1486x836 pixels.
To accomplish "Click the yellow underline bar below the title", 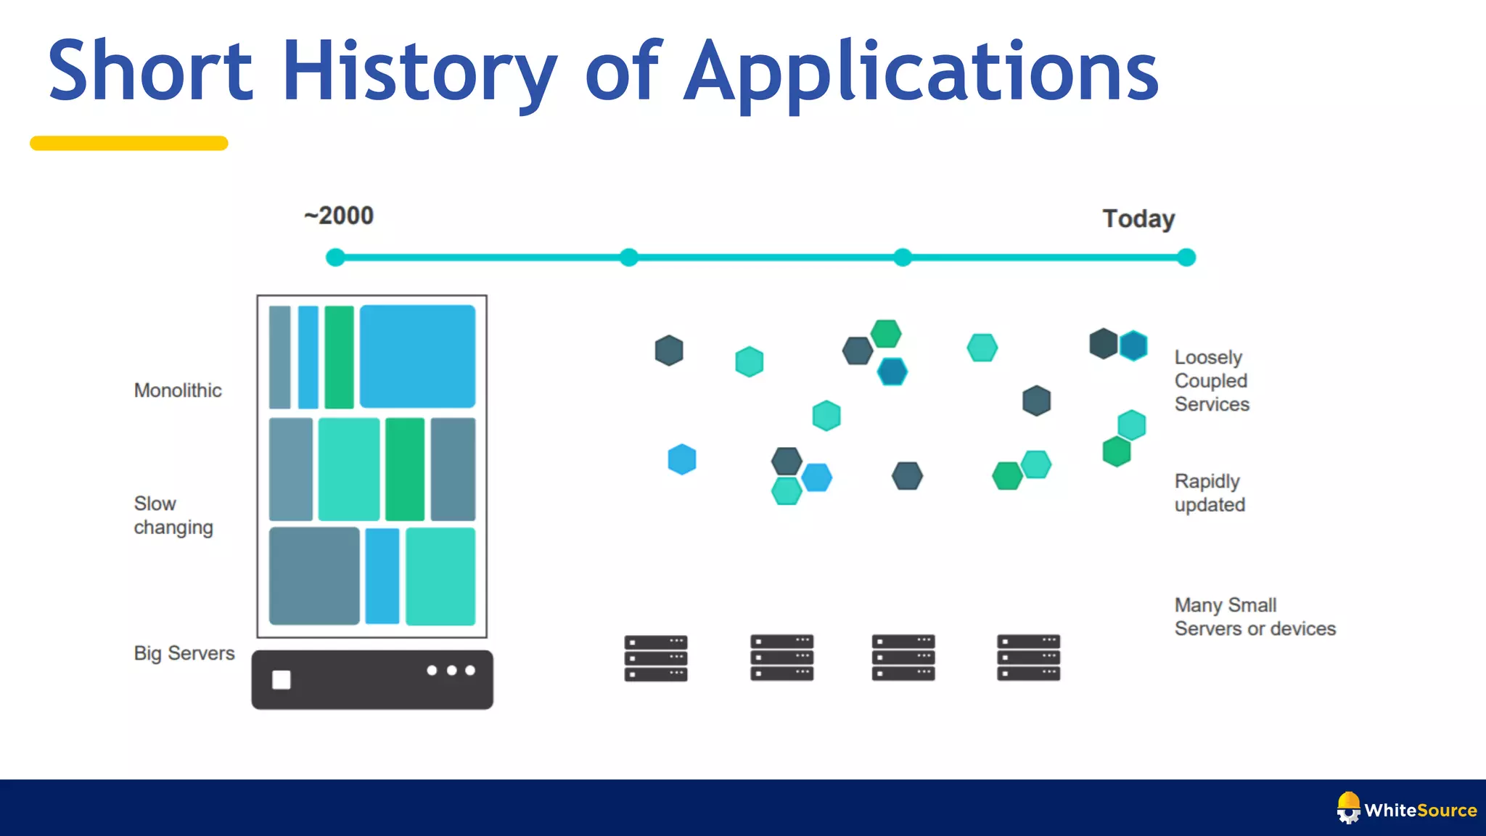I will tap(129, 144).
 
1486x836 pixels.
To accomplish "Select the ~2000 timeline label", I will tap(339, 216).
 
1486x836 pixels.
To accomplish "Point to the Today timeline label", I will tap(1138, 218).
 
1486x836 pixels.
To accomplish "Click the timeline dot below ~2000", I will tap(335, 258).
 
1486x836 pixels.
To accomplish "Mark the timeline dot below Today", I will tap(1186, 258).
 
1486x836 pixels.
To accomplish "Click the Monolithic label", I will tap(178, 390).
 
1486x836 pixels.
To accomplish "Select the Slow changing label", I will tap(173, 515).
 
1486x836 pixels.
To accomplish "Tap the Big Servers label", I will tap(184, 653).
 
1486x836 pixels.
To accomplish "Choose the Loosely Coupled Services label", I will tap(1212, 381).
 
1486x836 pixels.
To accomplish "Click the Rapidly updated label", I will tap(1210, 493).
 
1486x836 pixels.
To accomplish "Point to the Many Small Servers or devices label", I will tap(1255, 617).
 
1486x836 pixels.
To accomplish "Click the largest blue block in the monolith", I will tap(417, 356).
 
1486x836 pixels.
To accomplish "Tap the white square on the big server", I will tap(282, 680).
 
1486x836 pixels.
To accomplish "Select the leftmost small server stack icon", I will tap(656, 658).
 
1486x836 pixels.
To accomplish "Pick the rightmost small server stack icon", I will tap(1028, 657).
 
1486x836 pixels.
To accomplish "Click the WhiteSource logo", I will tap(1406, 809).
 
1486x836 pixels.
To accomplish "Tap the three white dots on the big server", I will tap(451, 671).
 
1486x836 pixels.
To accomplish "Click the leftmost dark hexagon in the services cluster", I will tap(669, 351).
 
